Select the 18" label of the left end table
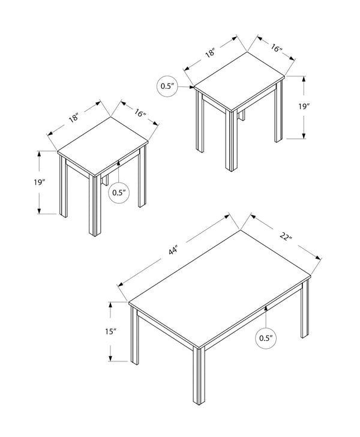click(x=74, y=118)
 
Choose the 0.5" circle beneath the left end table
click(x=118, y=193)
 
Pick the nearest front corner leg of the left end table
click(x=95, y=204)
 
